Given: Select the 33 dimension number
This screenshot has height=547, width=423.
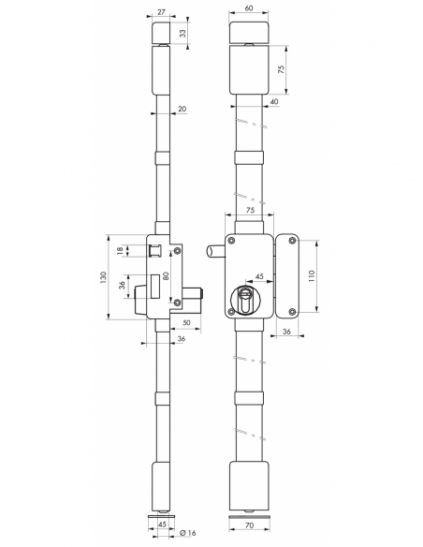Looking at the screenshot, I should [x=182, y=34].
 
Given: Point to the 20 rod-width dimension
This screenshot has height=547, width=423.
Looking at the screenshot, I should [x=182, y=109].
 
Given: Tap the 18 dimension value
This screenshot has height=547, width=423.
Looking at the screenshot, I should [x=121, y=250].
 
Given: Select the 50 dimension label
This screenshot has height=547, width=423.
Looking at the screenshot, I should [x=187, y=322].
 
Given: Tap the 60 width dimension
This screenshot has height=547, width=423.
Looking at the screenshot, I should [x=248, y=7].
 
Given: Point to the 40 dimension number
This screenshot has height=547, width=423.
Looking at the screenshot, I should [x=272, y=101].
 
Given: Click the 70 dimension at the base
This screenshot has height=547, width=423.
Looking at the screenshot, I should [x=248, y=527].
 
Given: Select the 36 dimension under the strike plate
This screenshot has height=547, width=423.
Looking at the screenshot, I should [x=286, y=331].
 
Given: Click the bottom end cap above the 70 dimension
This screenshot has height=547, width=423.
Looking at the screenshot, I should [x=248, y=481].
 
